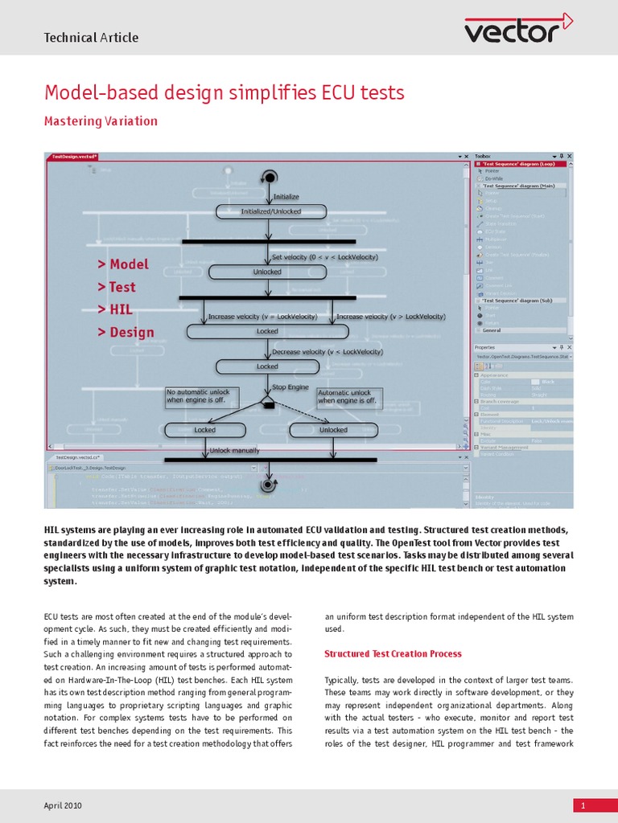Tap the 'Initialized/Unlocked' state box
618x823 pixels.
pos(271,211)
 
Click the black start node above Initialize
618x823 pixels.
pos(270,177)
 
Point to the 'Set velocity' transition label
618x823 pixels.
pos(324,257)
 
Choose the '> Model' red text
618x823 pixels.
pos(123,264)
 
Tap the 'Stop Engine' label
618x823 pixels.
pos(290,387)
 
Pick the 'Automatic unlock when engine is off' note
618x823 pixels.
pos(348,396)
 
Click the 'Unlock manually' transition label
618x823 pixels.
pos(234,451)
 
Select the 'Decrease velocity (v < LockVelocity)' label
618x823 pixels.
pos(327,352)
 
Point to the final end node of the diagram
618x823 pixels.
pos(267,485)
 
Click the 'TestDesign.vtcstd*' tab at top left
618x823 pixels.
pos(74,157)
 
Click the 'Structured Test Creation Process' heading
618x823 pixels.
pos(393,653)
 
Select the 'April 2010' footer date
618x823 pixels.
pos(62,805)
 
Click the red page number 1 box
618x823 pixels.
pos(595,805)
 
